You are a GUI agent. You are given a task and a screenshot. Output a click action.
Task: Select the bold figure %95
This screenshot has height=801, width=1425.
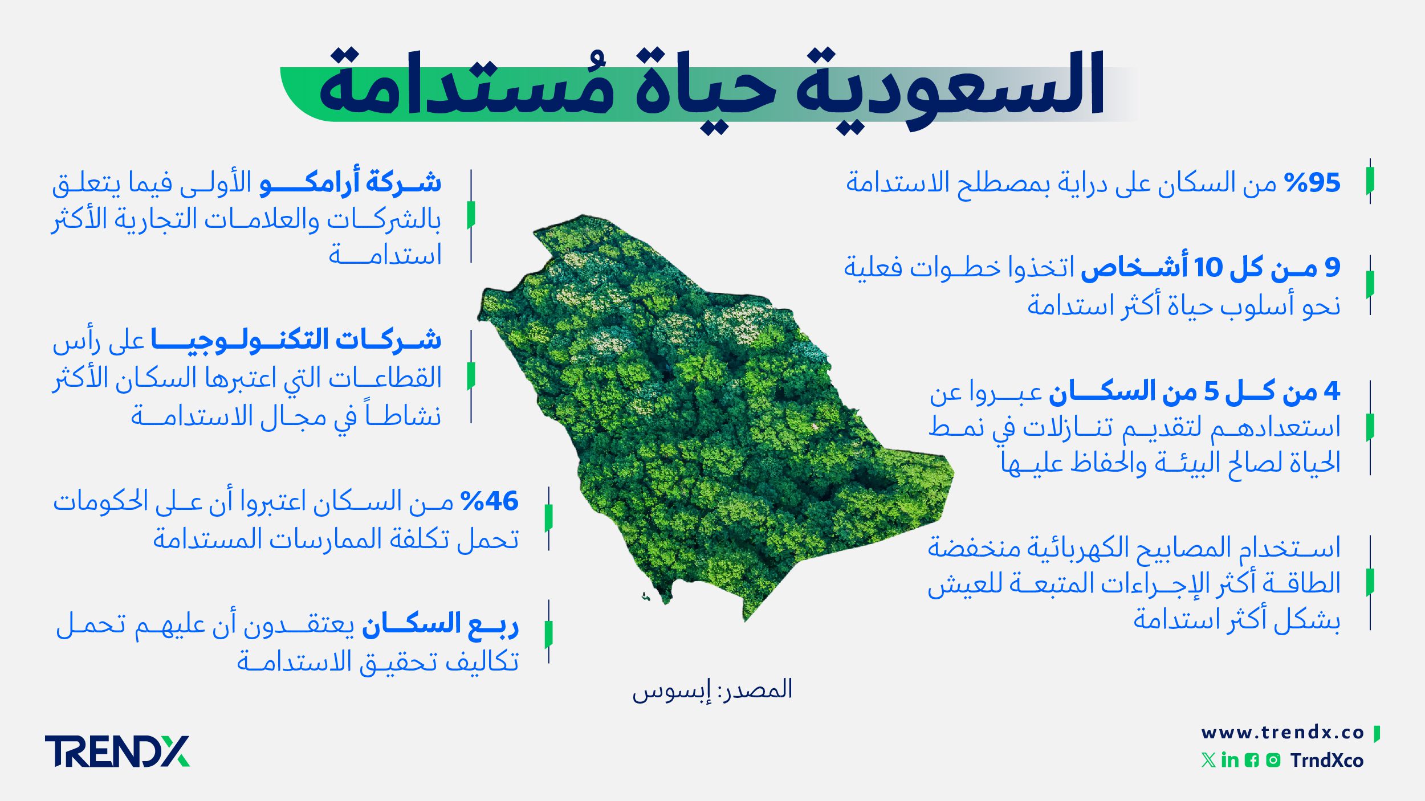(1312, 183)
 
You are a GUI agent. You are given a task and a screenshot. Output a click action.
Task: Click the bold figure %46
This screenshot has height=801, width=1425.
(489, 501)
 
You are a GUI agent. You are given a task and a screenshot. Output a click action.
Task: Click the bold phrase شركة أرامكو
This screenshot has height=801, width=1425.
(350, 182)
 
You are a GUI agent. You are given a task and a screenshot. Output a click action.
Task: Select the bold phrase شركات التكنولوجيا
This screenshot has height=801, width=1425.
(296, 340)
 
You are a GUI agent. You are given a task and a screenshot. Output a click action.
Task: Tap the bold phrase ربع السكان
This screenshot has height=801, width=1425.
(440, 625)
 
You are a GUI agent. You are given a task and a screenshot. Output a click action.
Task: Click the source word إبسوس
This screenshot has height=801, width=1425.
(672, 691)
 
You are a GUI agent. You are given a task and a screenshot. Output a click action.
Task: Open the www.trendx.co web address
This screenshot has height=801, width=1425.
(1282, 733)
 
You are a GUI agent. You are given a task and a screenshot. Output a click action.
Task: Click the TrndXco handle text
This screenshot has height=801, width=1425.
(1327, 761)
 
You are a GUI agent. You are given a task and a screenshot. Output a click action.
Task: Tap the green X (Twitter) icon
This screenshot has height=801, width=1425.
(1208, 760)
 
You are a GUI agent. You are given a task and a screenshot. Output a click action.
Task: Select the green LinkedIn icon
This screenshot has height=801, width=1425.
(1230, 760)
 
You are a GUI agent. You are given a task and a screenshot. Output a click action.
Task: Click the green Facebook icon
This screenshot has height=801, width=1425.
(1252, 760)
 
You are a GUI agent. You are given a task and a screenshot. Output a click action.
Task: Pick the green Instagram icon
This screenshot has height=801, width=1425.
(1273, 760)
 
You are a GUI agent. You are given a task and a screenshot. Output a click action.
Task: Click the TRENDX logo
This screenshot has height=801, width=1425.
(117, 751)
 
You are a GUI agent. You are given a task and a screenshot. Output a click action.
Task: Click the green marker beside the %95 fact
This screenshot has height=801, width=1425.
(1370, 181)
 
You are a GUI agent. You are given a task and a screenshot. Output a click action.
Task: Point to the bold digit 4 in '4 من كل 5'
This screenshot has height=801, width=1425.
(1332, 391)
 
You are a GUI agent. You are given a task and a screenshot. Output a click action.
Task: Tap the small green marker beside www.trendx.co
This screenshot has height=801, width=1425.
(1377, 733)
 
